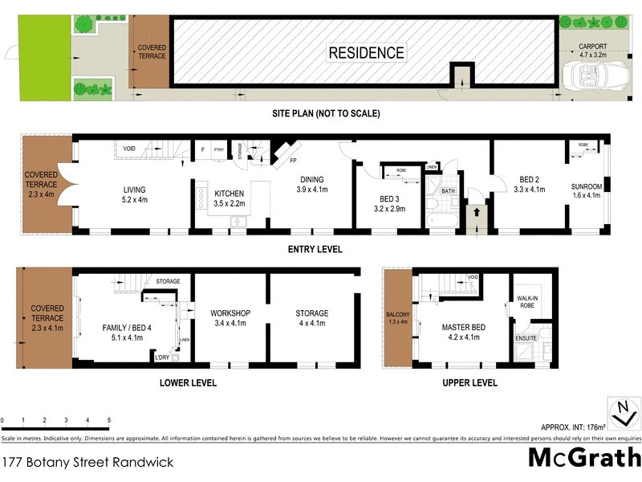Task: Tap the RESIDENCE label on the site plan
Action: [365, 53]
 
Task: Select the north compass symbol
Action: [621, 415]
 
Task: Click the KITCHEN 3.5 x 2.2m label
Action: [230, 198]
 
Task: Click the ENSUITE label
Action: [526, 339]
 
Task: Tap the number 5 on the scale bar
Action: [109, 420]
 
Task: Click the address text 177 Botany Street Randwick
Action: [87, 463]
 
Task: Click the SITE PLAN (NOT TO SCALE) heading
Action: [324, 113]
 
